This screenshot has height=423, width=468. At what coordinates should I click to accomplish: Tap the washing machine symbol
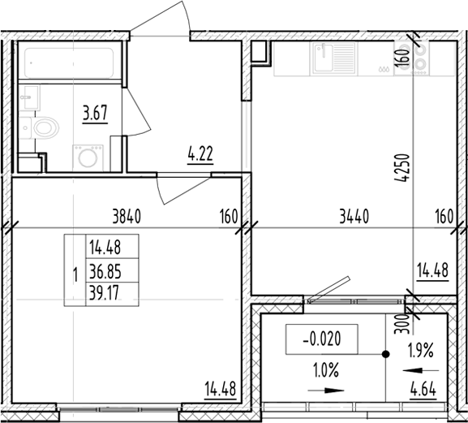pos(88,158)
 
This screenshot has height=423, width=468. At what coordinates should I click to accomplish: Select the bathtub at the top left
pos(69,63)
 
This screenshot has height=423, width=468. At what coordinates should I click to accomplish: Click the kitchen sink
pos(333,58)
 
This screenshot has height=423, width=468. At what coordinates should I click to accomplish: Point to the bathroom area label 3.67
pos(95,113)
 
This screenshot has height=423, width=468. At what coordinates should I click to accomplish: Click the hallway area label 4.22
pos(200,154)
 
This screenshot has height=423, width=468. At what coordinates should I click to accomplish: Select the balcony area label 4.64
pos(423,391)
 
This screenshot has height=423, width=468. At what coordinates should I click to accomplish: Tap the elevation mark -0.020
pos(322,339)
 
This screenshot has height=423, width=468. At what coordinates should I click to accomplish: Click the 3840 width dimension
pos(127,216)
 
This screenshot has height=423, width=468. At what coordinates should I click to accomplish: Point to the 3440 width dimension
pos(354,216)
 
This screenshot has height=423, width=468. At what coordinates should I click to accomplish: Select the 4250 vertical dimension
pos(401,167)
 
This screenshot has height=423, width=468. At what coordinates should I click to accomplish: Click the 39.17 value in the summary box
pos(104,293)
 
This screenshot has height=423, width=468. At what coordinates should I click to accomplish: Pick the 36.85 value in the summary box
pos(105,271)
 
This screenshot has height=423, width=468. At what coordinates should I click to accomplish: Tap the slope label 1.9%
pos(421,350)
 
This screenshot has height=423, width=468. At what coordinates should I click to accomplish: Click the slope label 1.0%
pos(326,370)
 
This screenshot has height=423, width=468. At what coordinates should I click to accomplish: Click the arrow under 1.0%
pos(326,391)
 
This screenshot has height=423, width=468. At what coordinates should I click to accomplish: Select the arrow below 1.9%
pos(421,371)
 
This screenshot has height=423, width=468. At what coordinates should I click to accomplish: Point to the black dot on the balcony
pos(386,354)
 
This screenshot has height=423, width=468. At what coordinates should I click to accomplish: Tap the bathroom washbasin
pos(29,98)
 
